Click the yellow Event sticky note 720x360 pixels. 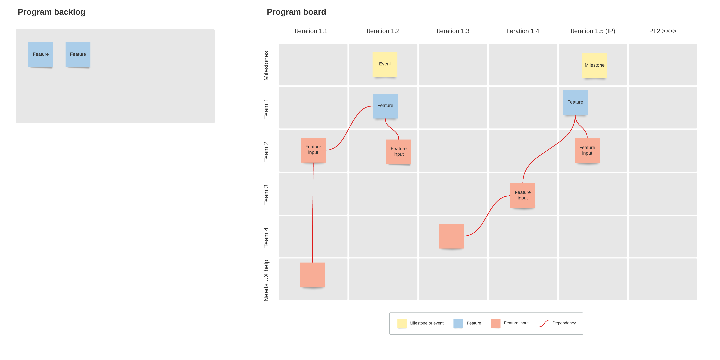(385, 64)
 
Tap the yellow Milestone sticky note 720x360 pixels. (595, 65)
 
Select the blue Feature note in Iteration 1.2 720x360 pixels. (385, 106)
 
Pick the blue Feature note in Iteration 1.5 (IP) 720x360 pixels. (575, 102)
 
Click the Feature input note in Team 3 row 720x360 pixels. (522, 195)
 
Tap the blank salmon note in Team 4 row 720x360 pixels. (451, 236)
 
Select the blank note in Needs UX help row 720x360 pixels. (312, 275)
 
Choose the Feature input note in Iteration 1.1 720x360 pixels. (313, 150)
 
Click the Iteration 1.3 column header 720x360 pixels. (453, 31)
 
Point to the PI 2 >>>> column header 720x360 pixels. (662, 31)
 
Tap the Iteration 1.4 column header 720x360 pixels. (522, 31)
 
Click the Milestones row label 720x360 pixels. (266, 66)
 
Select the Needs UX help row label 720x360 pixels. (266, 280)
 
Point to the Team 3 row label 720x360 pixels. (266, 194)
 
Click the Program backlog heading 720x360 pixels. (51, 12)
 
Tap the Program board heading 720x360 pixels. (296, 12)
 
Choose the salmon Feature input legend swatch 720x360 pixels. (496, 323)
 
